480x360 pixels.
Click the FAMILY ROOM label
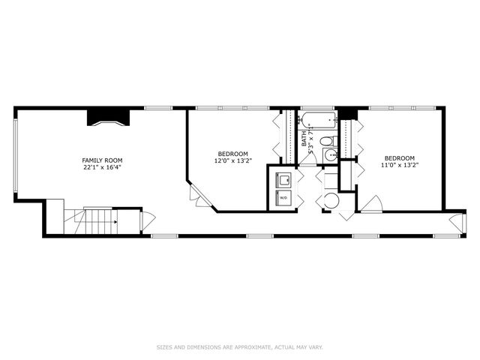[103, 160]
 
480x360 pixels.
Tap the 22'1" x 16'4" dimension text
[103, 168]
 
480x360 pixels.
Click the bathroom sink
[330, 155]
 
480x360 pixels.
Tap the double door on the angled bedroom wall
[196, 196]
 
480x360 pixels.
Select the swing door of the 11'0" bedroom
[371, 203]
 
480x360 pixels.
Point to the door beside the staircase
[147, 222]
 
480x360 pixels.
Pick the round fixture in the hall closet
[330, 201]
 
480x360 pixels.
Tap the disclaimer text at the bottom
[240, 346]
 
